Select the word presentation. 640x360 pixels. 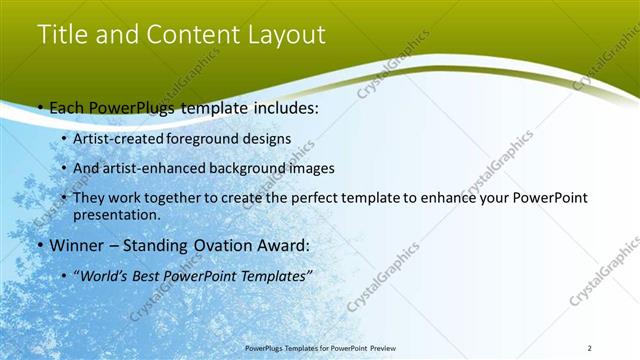point(116,214)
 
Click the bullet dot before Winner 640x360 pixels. point(40,245)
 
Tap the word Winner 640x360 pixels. point(76,245)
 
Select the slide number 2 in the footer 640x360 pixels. point(590,348)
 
